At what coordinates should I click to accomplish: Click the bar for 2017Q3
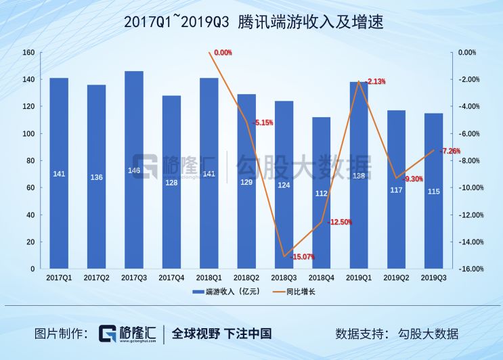point(134,170)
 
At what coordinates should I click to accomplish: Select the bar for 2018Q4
point(321,193)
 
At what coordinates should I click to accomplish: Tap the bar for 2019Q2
point(396,189)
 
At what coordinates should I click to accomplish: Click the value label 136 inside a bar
point(97,177)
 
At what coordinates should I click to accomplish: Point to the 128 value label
point(171,183)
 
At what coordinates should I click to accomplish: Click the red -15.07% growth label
point(302,256)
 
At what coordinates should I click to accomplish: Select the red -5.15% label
point(263,122)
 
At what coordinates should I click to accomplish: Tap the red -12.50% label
point(339,222)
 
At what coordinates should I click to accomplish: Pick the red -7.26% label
point(450,151)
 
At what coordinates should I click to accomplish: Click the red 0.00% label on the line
point(223,53)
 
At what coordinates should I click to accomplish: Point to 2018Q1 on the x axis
point(209,277)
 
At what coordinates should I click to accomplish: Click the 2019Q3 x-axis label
point(434,277)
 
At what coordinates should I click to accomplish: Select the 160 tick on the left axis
point(28,53)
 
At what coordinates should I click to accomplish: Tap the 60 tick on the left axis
point(30,188)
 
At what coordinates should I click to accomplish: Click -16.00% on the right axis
point(471,269)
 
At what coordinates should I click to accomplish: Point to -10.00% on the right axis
point(471,188)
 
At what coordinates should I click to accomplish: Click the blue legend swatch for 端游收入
point(198,292)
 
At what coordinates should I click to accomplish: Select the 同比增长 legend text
point(301,292)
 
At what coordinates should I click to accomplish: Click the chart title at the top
point(253,22)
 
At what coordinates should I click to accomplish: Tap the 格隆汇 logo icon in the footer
point(107,334)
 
